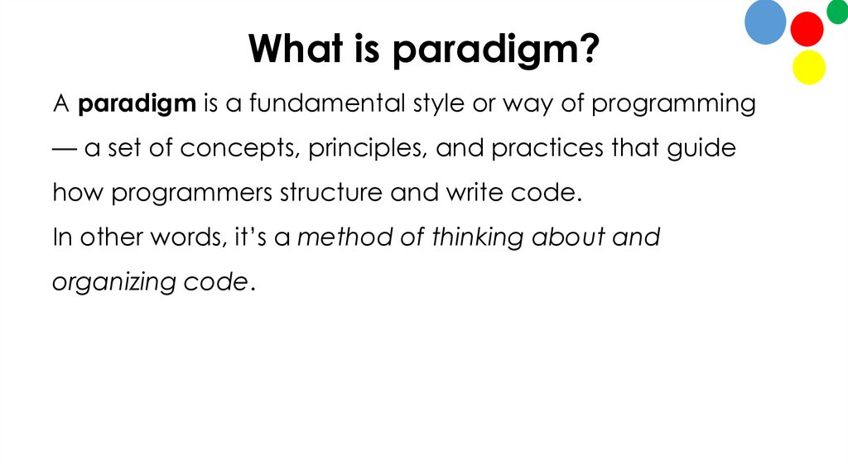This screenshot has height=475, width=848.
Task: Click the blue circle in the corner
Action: click(x=765, y=22)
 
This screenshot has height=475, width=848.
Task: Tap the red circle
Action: click(x=807, y=29)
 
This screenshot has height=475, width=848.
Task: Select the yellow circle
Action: click(x=809, y=67)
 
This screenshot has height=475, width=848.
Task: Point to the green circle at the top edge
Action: click(x=837, y=11)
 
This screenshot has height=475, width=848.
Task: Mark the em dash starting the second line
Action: click(x=64, y=149)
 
